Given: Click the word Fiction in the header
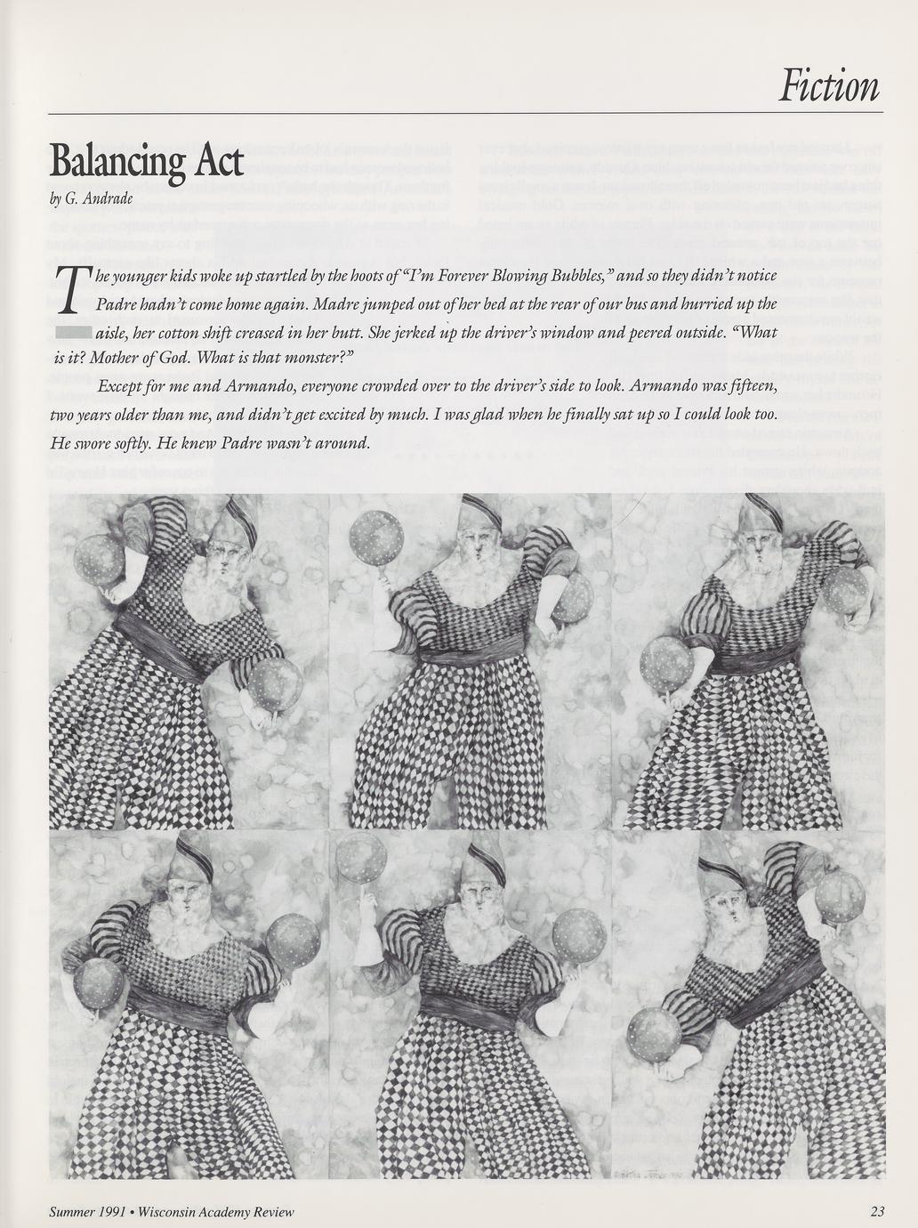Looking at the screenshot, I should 828,86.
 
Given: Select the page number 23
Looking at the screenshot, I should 877,1211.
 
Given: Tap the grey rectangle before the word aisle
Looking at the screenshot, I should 71,333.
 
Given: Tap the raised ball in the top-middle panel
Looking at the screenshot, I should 369,537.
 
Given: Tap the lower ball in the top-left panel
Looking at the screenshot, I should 273,685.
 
